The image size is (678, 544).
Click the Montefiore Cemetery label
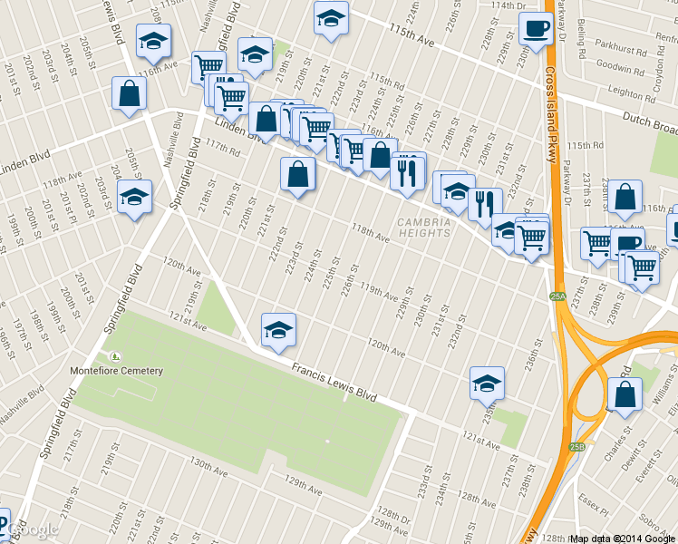click(x=117, y=371)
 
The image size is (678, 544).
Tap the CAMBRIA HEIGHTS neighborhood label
click(x=424, y=227)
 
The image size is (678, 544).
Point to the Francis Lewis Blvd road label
click(x=334, y=382)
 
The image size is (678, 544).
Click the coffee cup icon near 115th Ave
click(x=536, y=29)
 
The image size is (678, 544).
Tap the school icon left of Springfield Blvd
click(x=135, y=198)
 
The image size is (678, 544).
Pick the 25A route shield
click(x=557, y=296)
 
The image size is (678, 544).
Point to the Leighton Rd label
click(x=632, y=92)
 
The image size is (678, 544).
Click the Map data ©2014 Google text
click(x=623, y=539)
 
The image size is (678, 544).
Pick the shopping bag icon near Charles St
click(x=625, y=394)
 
